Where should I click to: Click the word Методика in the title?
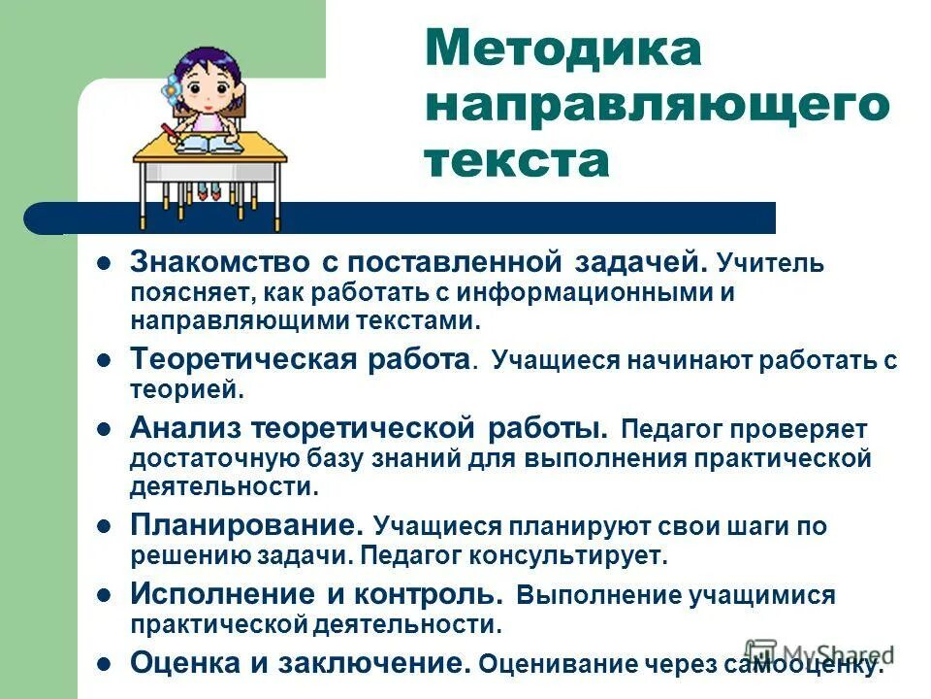pos(562,50)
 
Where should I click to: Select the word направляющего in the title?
pos(658,106)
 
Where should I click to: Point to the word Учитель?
pos(771,264)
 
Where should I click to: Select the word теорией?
pos(183,389)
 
